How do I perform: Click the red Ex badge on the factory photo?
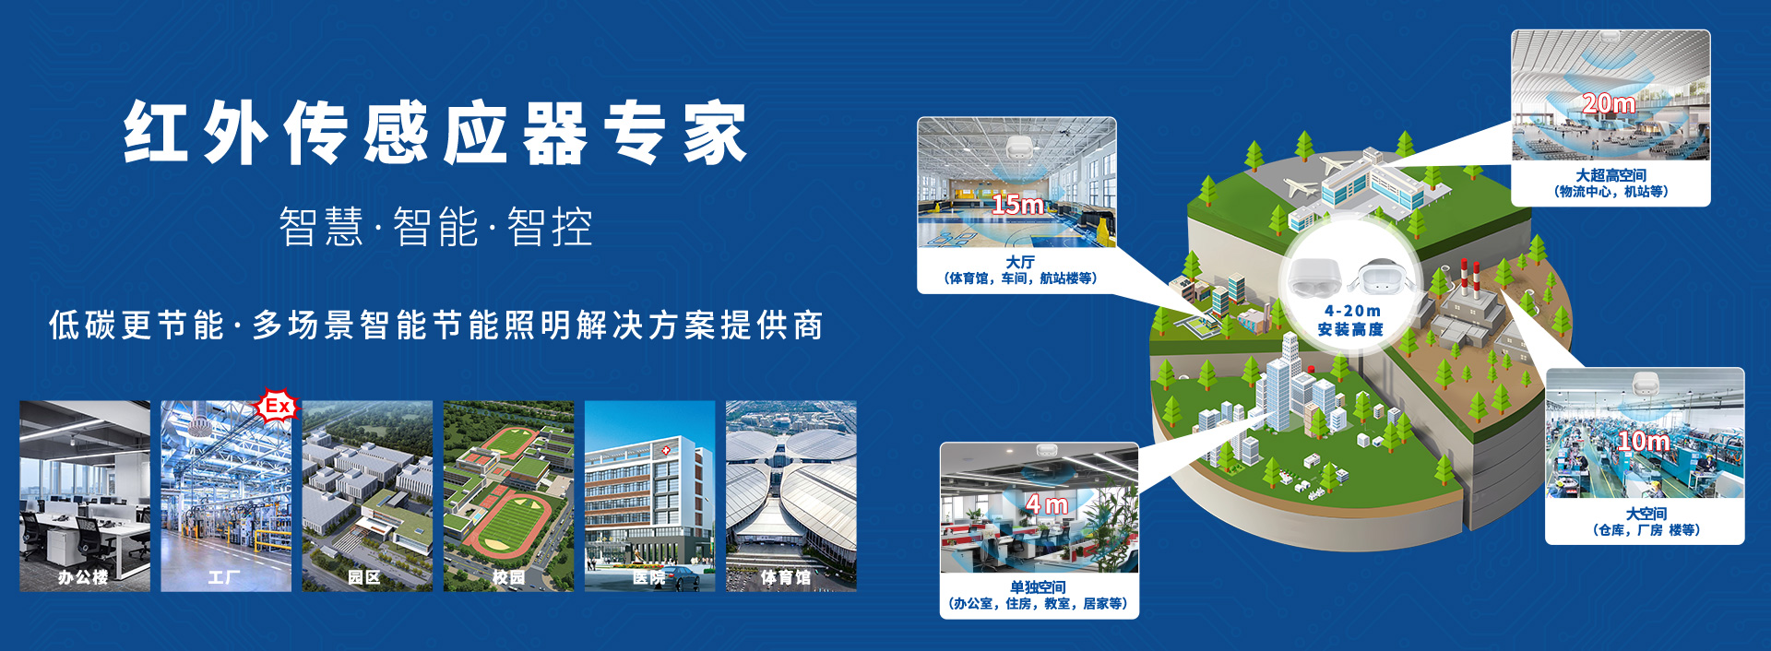tap(277, 406)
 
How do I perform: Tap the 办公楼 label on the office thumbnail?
tap(83, 577)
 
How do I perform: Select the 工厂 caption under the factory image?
tap(224, 577)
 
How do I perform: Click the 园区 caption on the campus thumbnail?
tap(364, 577)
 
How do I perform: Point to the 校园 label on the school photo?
tap(508, 577)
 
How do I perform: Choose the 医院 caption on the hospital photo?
tap(649, 577)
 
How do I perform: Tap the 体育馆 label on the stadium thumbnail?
tap(786, 577)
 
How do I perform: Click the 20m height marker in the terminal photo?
tap(1609, 104)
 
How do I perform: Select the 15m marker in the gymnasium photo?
tap(1018, 205)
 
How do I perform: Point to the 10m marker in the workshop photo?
tap(1644, 442)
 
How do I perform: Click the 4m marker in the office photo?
tap(1046, 504)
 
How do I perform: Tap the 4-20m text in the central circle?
tap(1352, 311)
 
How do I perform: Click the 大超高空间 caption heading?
tap(1611, 175)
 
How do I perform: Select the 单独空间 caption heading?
tap(1038, 587)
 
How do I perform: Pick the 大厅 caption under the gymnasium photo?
tap(1020, 262)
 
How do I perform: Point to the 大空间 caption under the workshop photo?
tap(1646, 514)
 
